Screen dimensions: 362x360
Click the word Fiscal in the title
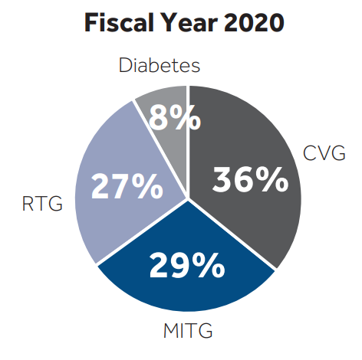click(x=119, y=22)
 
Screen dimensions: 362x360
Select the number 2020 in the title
click(x=254, y=22)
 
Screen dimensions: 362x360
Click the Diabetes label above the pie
click(x=160, y=65)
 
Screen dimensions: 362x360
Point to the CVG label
click(x=324, y=153)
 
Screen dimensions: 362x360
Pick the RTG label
click(x=42, y=203)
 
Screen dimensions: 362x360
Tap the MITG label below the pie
click(x=188, y=330)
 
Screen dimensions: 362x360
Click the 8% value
click(x=175, y=118)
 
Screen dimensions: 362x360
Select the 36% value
click(x=250, y=179)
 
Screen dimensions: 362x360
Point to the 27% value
click(x=127, y=186)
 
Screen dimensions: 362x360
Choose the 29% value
click(x=187, y=265)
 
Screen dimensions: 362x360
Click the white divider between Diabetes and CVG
click(x=188, y=142)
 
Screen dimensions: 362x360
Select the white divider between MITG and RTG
click(x=143, y=231)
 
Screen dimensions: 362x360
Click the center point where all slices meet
click(x=188, y=198)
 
